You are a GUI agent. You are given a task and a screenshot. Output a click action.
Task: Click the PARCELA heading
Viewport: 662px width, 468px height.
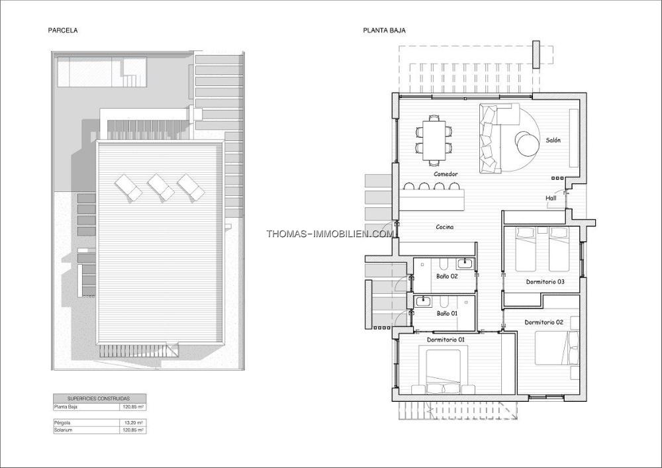tap(62, 30)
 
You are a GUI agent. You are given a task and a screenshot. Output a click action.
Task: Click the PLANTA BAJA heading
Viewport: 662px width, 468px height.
tap(384, 30)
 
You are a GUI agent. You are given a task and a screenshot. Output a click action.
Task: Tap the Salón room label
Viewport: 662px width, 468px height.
tap(553, 140)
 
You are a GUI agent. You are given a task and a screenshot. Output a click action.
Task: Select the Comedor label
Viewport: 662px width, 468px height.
tap(446, 174)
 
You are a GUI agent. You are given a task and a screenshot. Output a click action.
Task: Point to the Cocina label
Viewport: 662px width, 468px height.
tap(445, 227)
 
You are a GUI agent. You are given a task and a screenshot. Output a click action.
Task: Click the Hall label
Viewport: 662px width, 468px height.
tap(551, 198)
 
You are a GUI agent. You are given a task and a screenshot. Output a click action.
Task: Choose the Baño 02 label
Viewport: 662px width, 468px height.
tap(447, 277)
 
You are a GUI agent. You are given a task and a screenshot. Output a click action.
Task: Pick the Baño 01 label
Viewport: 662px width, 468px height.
tap(447, 314)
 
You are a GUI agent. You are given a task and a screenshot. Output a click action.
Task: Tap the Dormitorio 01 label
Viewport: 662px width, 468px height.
tap(446, 340)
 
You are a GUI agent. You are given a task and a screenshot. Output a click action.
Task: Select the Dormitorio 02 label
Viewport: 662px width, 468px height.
tap(544, 322)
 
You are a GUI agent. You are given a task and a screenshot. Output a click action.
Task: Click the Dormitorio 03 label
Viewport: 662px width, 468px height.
tap(545, 282)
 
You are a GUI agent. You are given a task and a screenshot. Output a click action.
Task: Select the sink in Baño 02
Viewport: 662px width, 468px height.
tap(465, 264)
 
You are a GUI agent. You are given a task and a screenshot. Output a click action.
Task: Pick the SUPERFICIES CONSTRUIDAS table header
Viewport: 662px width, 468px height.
tap(99, 398)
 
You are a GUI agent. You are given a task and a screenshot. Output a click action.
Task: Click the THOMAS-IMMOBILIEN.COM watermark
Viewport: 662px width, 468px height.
tap(330, 234)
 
